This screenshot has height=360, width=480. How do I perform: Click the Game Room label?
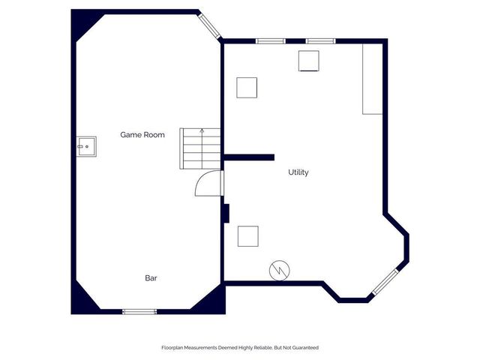(x=142, y=135)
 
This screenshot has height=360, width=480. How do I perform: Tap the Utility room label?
(x=298, y=172)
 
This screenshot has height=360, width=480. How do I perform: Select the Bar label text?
(x=151, y=278)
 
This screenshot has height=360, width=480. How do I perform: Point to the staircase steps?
(x=200, y=148)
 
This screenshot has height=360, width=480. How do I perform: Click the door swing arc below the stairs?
(x=208, y=183)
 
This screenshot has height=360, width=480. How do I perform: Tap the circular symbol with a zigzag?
(x=278, y=268)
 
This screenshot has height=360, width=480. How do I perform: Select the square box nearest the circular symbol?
(x=248, y=236)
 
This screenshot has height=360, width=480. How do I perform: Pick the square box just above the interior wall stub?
(x=247, y=87)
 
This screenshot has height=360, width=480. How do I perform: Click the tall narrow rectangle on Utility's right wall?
(x=372, y=78)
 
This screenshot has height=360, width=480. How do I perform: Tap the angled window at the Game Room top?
(x=210, y=25)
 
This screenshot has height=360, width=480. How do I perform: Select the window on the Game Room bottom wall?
(x=139, y=311)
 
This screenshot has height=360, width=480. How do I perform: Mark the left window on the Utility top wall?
(x=268, y=40)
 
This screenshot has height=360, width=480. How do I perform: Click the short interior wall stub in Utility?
(x=249, y=157)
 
